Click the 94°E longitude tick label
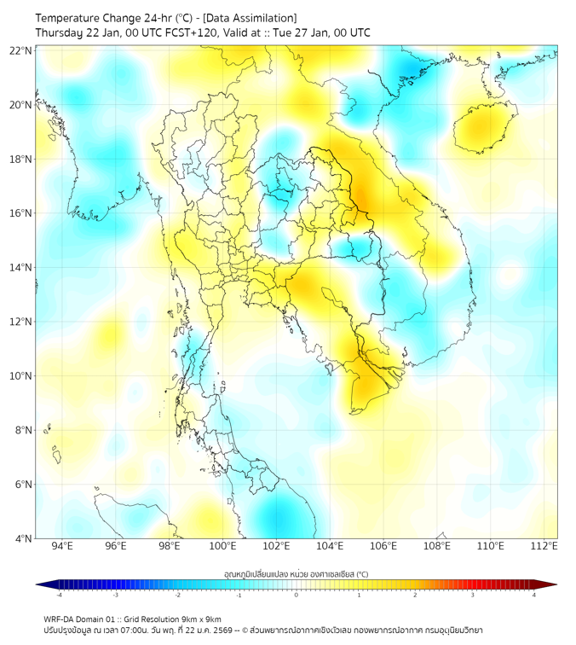pyautogui.click(x=62, y=546)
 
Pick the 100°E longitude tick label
pyautogui.click(x=222, y=546)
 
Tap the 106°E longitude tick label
pyautogui.click(x=383, y=546)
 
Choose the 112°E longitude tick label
pyautogui.click(x=544, y=546)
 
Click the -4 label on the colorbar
pyautogui.click(x=59, y=595)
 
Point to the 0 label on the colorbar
pyautogui.click(x=297, y=595)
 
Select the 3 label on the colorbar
pyautogui.click(x=473, y=595)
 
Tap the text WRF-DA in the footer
pyautogui.click(x=60, y=619)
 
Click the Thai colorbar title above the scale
pyautogui.click(x=296, y=574)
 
